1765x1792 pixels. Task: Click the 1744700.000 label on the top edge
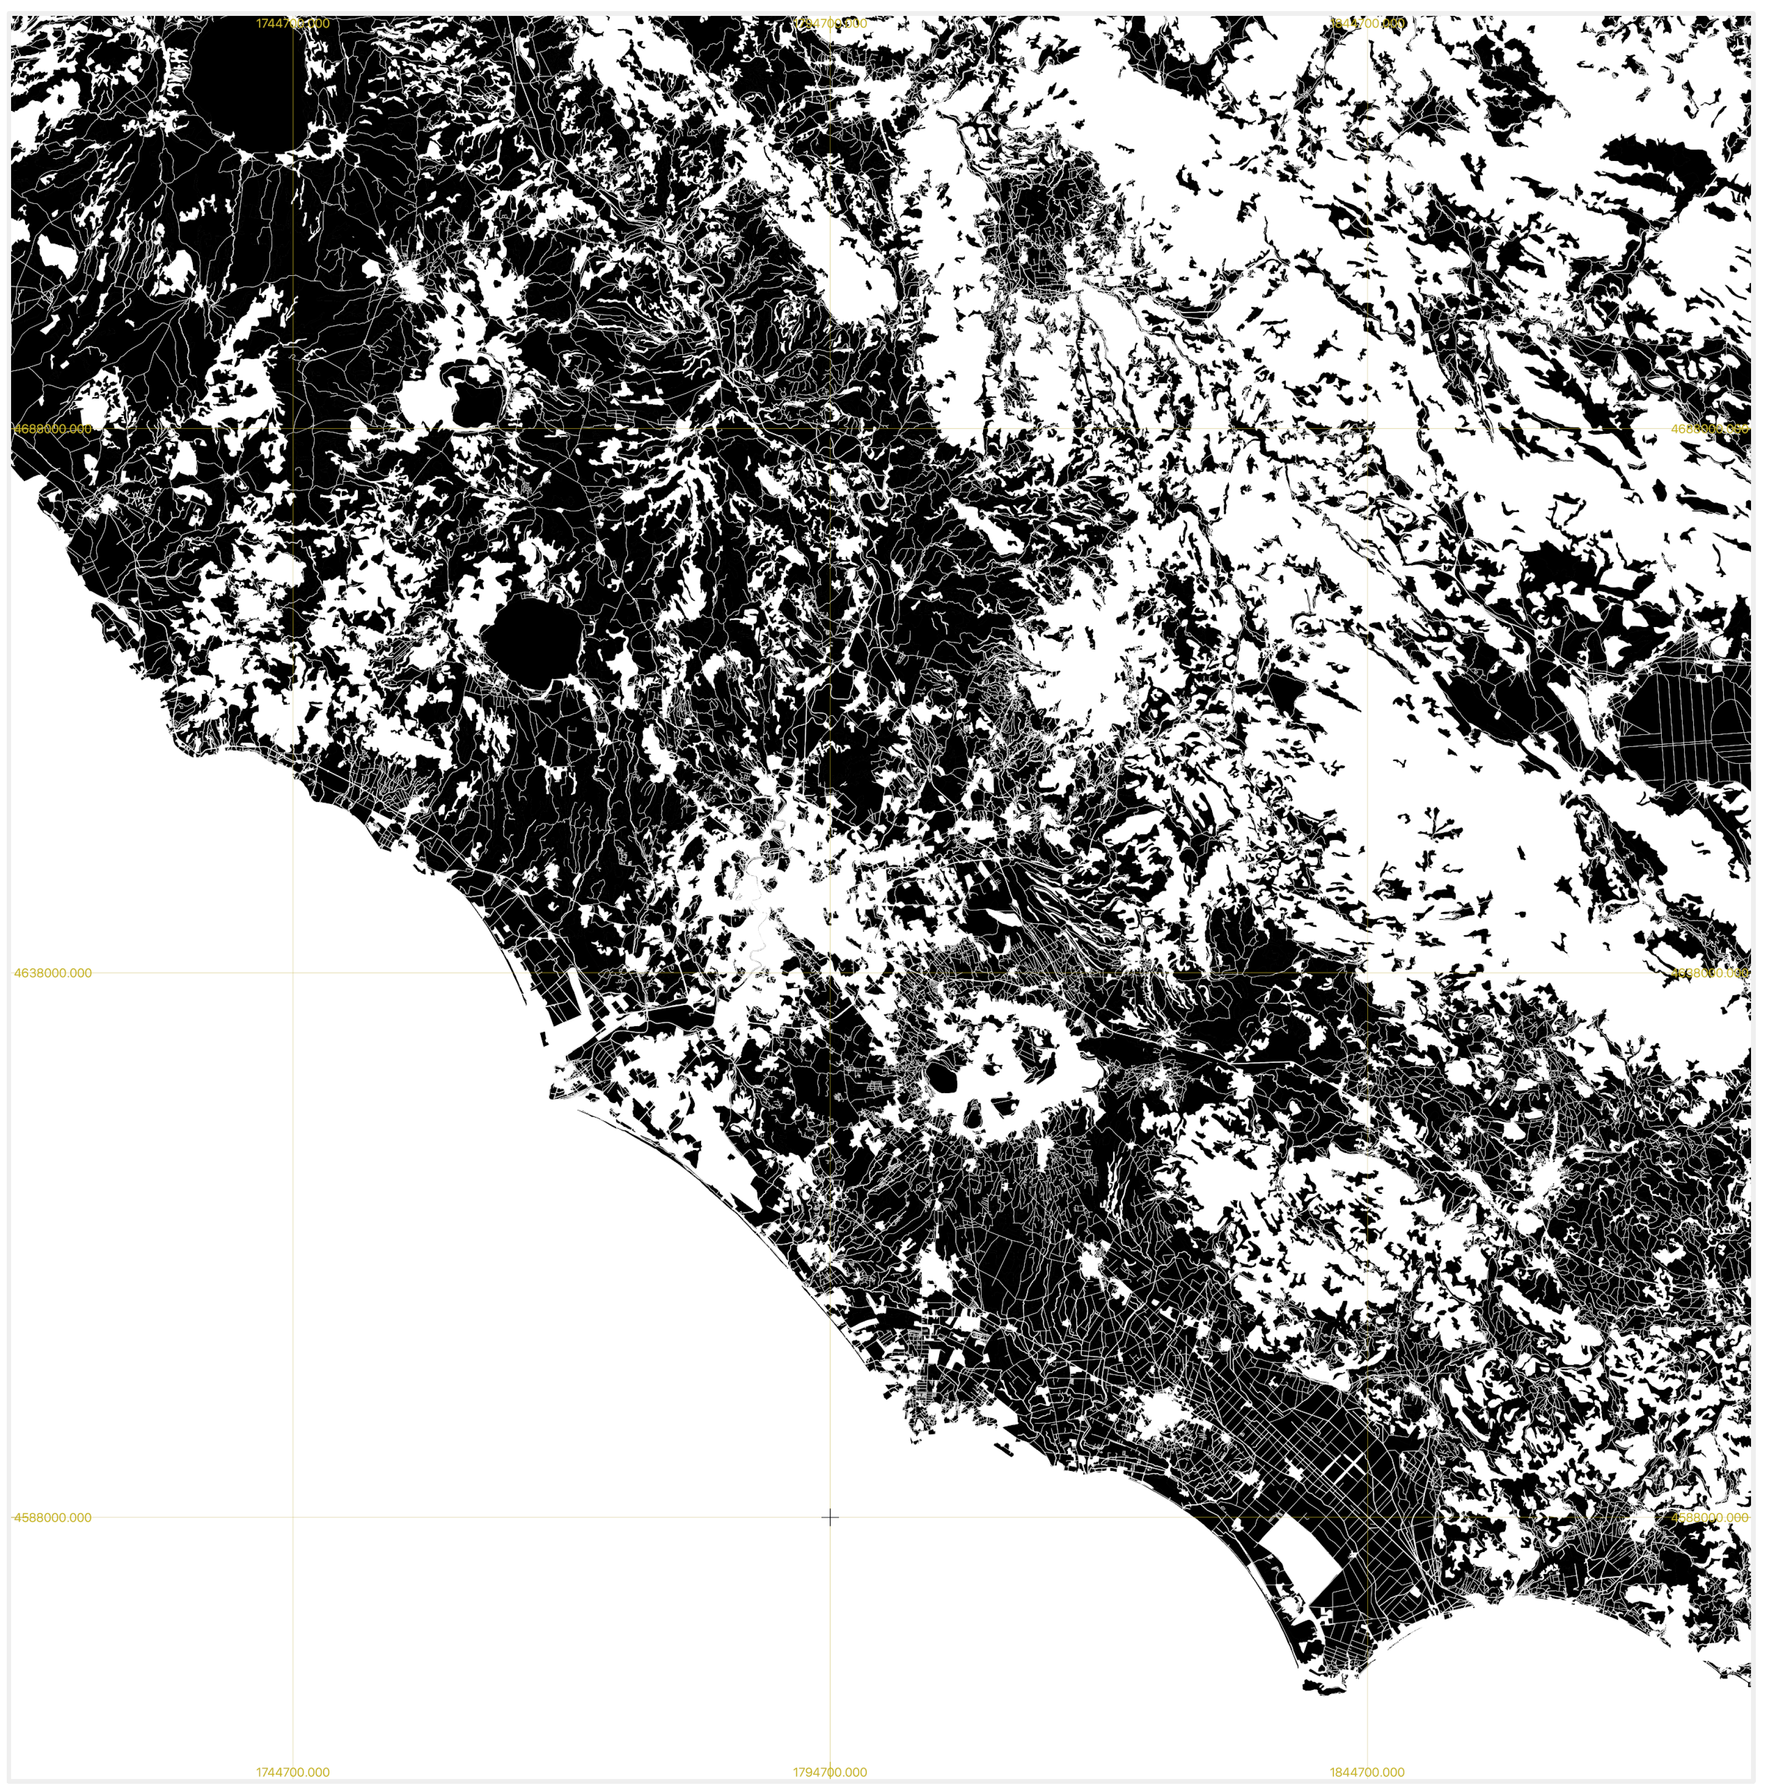pyautogui.click(x=293, y=23)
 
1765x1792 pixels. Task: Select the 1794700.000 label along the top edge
pyautogui.click(x=830, y=23)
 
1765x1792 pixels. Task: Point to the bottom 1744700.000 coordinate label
pyautogui.click(x=293, y=1772)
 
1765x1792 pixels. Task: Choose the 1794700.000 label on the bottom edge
pyautogui.click(x=830, y=1772)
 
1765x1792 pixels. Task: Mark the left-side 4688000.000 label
pyautogui.click(x=53, y=429)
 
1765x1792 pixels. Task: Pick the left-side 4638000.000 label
pyautogui.click(x=53, y=973)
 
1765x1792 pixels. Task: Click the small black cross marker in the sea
pyautogui.click(x=830, y=1517)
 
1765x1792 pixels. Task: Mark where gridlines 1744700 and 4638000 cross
pyautogui.click(x=293, y=973)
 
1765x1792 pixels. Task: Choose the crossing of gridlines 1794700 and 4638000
pyautogui.click(x=830, y=973)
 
